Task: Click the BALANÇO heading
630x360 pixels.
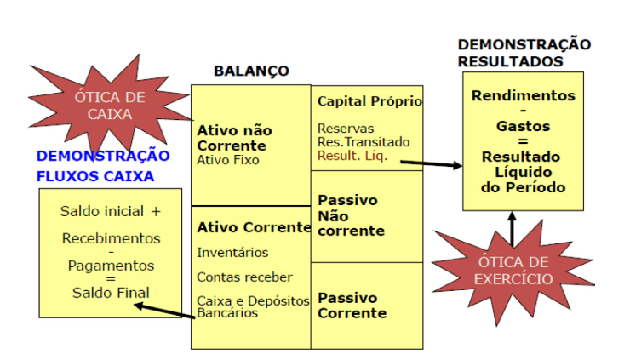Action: coord(251,71)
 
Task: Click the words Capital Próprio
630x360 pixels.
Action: coord(369,101)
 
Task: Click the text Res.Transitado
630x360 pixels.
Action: coord(364,142)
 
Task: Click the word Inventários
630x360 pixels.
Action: coord(232,253)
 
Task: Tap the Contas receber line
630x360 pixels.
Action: coord(244,277)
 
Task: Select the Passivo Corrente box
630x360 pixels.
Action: coord(368,305)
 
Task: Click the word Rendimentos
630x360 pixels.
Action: coord(523,96)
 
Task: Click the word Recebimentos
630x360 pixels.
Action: coord(111,238)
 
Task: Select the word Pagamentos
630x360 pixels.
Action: coord(111,266)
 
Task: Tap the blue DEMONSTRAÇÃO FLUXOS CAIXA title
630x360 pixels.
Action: coord(102,166)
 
